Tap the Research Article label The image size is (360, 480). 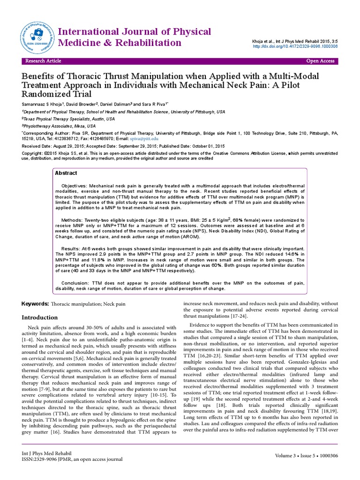(x=43, y=61)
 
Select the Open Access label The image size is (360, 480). (x=320, y=61)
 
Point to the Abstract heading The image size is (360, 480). (x=66, y=173)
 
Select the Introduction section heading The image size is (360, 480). (x=40, y=317)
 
